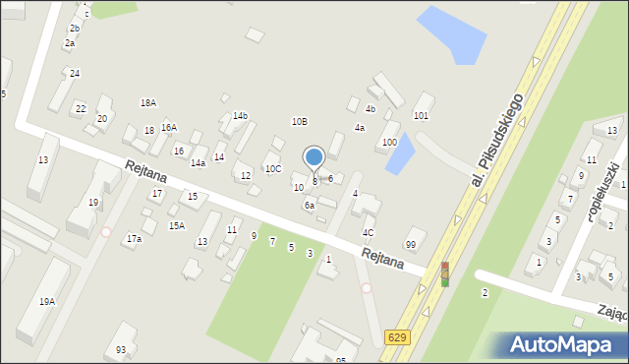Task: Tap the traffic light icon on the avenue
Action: click(x=444, y=274)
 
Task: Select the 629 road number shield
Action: click(x=394, y=337)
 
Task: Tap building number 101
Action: click(x=421, y=116)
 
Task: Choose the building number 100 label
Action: click(x=389, y=143)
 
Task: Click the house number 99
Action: click(x=411, y=244)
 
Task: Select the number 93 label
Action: click(x=121, y=350)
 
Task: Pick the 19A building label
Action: click(x=46, y=302)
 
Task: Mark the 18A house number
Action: click(x=148, y=103)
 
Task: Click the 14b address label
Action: click(x=240, y=116)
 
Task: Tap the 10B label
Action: click(x=299, y=121)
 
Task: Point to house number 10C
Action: click(x=272, y=169)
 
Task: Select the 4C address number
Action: click(x=368, y=233)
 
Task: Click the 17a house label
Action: click(x=134, y=238)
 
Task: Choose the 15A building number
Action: click(x=176, y=226)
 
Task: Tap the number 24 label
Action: click(x=75, y=74)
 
